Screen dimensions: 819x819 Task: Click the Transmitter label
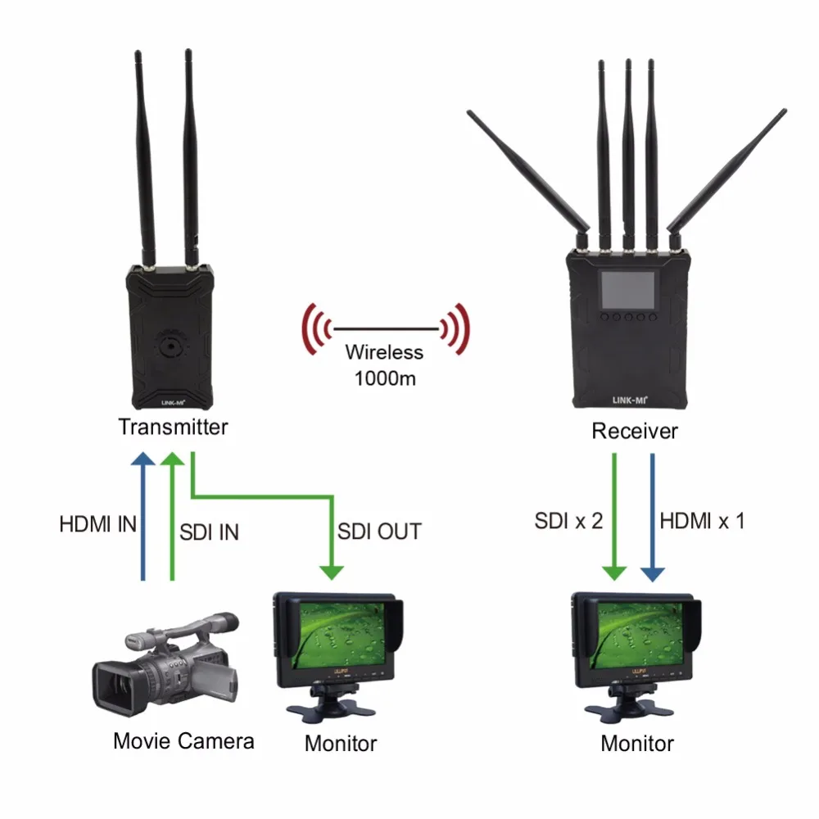click(x=173, y=427)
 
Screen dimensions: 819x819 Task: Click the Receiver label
click(x=635, y=431)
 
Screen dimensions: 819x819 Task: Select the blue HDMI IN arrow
click(x=143, y=516)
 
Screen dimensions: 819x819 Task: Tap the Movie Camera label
click(x=183, y=741)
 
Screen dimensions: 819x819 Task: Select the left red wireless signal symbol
click(x=316, y=329)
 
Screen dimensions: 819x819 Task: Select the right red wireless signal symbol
click(x=455, y=329)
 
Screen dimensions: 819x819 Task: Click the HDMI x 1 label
click(x=702, y=520)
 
